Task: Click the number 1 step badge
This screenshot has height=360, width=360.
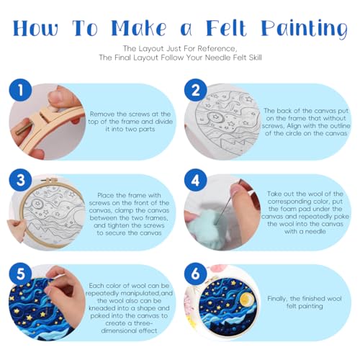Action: (20, 90)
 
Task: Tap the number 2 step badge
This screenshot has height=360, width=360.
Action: (196, 90)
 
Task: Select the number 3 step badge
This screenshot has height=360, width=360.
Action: (20, 180)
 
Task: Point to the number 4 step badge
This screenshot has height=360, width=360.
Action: (196, 180)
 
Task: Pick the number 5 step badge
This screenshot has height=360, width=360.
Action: (20, 274)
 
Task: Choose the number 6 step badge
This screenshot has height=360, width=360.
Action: (196, 274)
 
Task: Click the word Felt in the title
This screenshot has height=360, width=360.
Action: (226, 27)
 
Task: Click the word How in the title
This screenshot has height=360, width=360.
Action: (35, 28)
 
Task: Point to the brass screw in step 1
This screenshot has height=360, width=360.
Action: (24, 128)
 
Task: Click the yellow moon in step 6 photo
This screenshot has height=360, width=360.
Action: (246, 300)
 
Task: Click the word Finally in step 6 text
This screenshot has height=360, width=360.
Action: (278, 299)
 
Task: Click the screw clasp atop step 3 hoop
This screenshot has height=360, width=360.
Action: (48, 180)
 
